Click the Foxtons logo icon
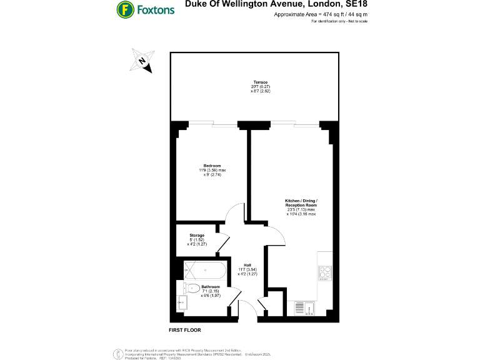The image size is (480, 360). [126, 10]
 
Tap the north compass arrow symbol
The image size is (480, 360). [143, 61]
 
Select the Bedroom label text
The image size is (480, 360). [212, 166]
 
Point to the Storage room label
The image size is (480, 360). [197, 236]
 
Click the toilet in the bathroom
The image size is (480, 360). [192, 288]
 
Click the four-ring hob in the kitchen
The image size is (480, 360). [326, 273]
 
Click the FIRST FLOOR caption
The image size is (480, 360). [185, 329]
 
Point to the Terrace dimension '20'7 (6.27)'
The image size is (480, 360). [260, 87]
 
